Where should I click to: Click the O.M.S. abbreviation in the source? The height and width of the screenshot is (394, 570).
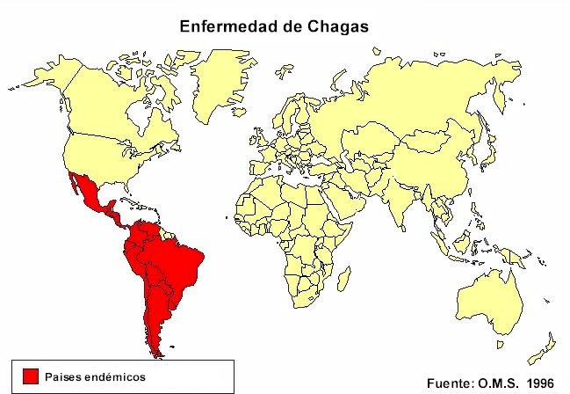click(499, 383)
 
